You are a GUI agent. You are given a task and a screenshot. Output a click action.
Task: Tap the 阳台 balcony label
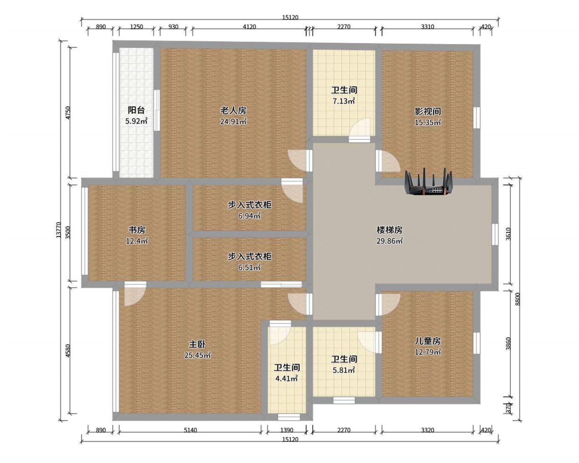136,110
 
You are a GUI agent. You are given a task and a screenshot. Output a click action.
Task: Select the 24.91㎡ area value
233,122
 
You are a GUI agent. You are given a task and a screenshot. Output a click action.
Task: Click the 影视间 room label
427,111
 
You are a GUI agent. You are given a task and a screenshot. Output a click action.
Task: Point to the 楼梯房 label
390,230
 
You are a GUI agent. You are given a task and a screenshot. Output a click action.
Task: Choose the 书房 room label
137,230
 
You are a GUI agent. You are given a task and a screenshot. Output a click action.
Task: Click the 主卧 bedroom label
197,344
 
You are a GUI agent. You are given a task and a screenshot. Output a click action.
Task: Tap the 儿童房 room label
427,341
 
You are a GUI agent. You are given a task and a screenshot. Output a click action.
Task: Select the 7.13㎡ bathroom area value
344,101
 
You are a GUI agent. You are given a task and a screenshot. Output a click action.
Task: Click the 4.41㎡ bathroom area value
287,379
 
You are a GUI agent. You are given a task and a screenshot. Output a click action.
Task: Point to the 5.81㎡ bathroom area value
344,370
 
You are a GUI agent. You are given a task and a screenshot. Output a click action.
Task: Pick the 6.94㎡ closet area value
250,216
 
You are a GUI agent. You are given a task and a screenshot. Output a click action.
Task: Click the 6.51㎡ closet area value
250,267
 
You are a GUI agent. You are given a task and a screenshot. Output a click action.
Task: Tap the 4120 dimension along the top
250,26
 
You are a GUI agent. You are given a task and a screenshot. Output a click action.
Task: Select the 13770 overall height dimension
59,230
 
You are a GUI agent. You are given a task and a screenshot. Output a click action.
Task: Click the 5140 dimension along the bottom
190,430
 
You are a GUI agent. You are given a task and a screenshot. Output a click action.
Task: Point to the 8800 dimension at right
518,299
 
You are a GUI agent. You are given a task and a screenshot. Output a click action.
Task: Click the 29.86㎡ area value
390,241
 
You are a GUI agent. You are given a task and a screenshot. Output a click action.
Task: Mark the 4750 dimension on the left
68,113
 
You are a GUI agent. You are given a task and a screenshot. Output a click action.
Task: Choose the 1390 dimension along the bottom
287,430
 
